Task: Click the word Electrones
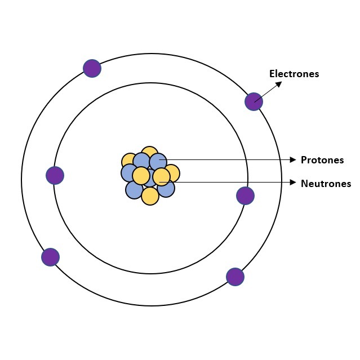tap(294, 74)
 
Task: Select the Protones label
tap(322, 160)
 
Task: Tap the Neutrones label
tap(326, 184)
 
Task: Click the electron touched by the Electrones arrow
tap(254, 102)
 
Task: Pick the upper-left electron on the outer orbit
tap(92, 68)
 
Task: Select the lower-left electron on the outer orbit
tap(51, 257)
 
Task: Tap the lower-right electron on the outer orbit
tap(235, 277)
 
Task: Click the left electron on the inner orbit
tap(55, 175)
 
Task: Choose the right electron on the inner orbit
tap(245, 195)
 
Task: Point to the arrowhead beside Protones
tap(293, 160)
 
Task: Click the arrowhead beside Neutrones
tap(293, 183)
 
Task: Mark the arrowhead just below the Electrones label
tap(279, 84)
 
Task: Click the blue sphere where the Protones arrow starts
tap(158, 162)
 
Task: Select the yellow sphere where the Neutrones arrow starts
tap(161, 176)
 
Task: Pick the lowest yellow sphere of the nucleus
tap(150, 196)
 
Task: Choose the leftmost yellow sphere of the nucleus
tap(128, 160)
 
